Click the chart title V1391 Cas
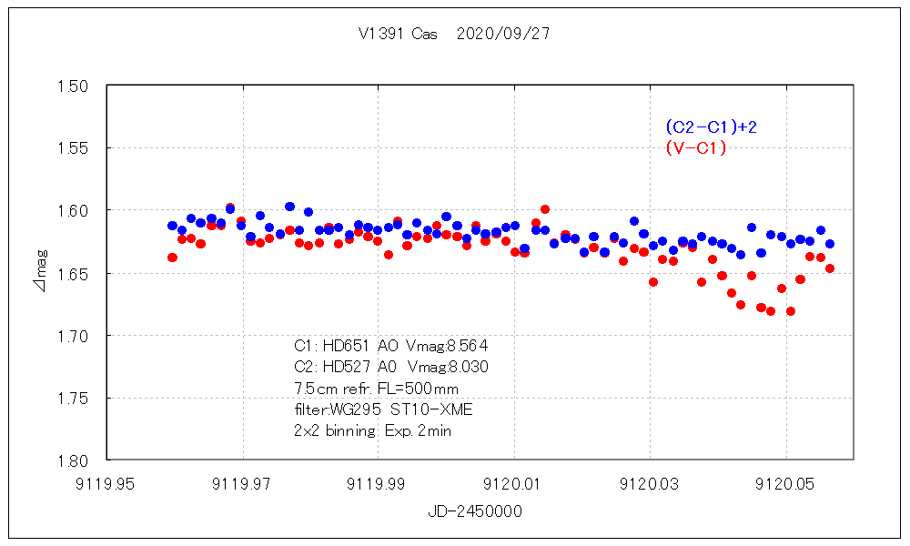pos(398,35)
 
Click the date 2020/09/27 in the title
pos(502,35)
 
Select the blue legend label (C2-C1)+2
pos(711,126)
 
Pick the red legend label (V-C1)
pos(696,148)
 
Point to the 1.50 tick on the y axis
pos(72,86)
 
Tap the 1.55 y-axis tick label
pos(72,148)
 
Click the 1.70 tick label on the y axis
pos(72,336)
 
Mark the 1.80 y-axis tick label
pos(72,460)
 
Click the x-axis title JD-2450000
pos(475,511)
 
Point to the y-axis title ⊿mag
pos(38,272)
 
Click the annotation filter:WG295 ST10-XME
pos(383,409)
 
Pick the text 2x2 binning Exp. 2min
pos(372,431)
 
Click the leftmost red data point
pos(172,258)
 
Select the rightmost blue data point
pos(829,244)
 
